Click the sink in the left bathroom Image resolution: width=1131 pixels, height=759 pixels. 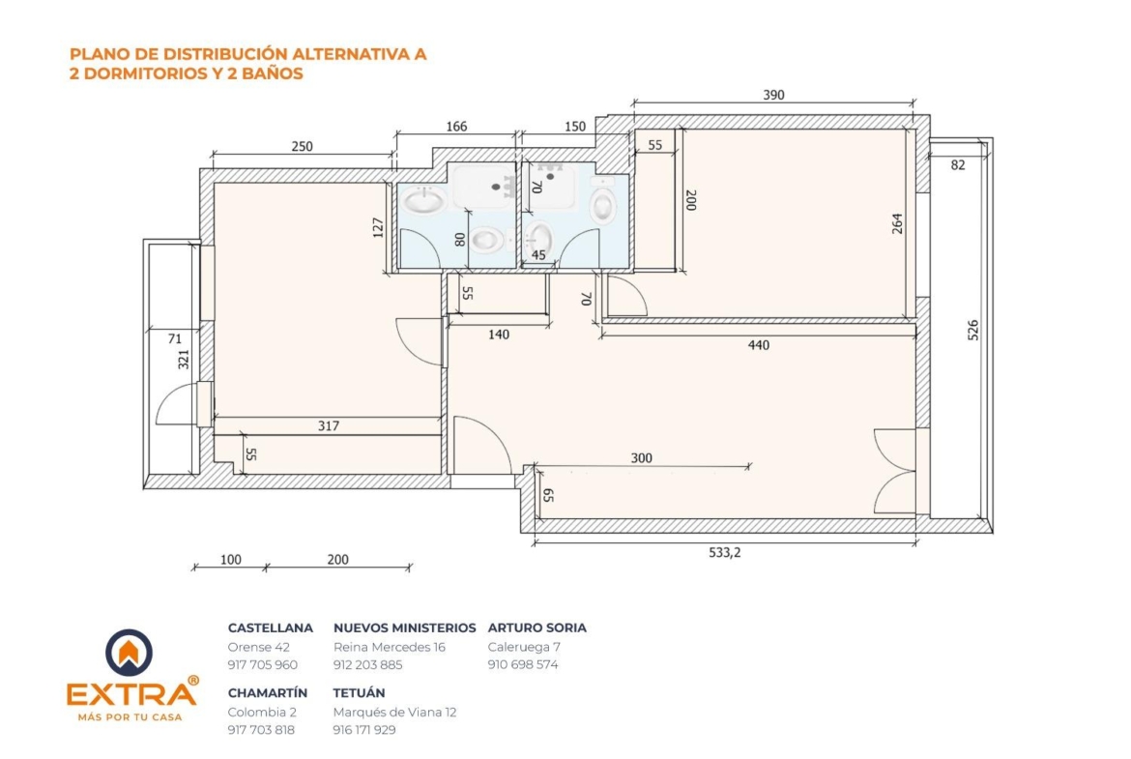point(423,200)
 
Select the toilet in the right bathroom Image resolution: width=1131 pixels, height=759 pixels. point(603,201)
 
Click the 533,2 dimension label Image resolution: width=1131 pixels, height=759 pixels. point(724,553)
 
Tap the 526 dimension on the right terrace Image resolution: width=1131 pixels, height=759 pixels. point(973,331)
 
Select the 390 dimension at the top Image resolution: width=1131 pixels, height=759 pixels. point(773,95)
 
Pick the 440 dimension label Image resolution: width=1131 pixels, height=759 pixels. point(758,345)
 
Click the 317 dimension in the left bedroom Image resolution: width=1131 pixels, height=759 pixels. point(329,426)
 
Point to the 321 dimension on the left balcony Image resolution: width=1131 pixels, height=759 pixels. point(184,360)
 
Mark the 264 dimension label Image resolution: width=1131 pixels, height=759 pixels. point(896,223)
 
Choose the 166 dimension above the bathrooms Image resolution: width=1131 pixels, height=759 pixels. point(456,127)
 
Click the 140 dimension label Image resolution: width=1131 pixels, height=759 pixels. point(499,335)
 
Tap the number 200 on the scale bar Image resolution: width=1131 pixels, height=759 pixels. point(337,560)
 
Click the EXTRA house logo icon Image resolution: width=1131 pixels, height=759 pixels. point(129,653)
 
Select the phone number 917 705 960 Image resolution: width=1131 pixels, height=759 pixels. point(263,665)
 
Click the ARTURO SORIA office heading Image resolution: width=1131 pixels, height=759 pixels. point(536,628)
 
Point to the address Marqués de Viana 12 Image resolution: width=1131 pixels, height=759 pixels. point(394,712)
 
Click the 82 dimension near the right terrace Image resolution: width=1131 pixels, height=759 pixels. point(957,165)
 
